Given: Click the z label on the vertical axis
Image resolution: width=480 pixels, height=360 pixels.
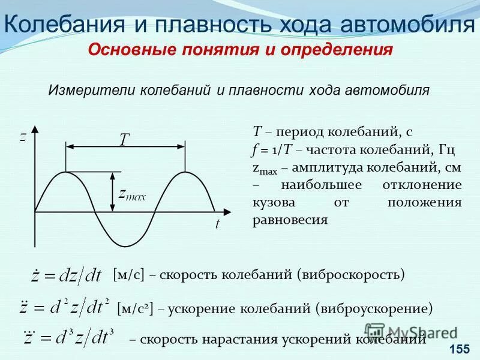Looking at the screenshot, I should coord(22,137).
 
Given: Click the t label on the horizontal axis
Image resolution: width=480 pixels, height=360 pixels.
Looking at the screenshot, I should coord(217,224).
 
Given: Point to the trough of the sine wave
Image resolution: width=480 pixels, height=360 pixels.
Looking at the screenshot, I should coord(124,245).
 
